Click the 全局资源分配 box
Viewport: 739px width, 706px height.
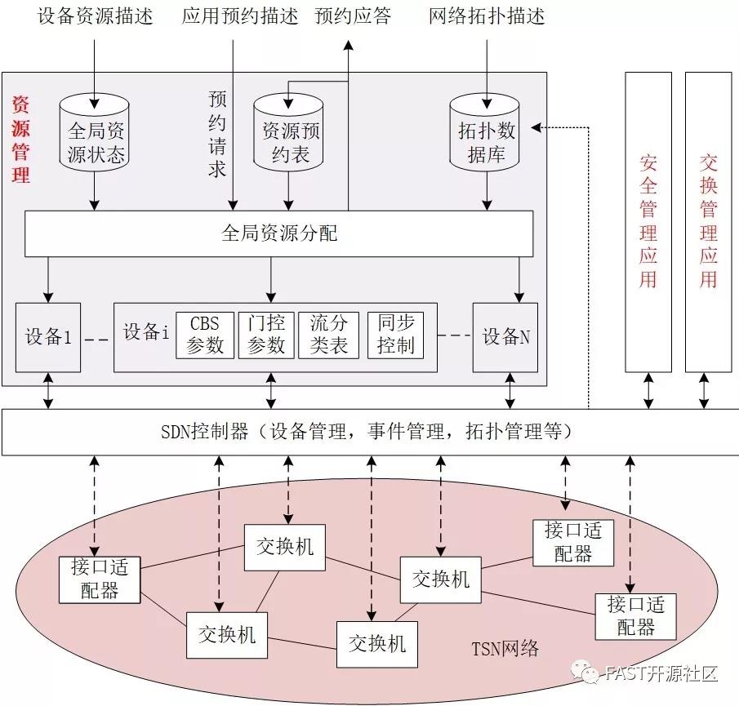(279, 234)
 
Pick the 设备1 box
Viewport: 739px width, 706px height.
(48, 336)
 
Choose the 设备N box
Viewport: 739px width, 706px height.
(505, 336)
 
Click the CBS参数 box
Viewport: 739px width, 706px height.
(204, 335)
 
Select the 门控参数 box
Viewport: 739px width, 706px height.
(266, 335)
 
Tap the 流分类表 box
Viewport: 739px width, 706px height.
(328, 335)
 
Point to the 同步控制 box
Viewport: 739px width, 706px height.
(395, 335)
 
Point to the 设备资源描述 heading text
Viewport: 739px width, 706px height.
(96, 16)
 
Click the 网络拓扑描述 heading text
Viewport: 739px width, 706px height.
(486, 16)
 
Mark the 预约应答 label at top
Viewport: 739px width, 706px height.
(353, 16)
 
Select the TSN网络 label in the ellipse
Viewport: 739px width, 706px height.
(505, 650)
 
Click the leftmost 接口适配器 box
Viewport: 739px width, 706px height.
(100, 579)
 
